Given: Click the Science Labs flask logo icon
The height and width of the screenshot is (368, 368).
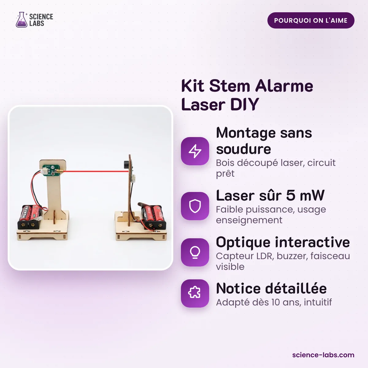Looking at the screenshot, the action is pos(21,20).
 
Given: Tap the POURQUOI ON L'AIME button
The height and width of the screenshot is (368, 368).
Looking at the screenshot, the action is pos(311,21).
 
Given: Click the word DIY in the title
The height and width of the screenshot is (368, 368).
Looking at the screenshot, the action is pos(245,105).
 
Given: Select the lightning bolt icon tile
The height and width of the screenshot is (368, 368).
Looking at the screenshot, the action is pos(195,151).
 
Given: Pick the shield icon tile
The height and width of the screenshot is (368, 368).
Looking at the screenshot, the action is pos(195,206).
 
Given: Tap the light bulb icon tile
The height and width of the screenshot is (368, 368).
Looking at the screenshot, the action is pos(195,252).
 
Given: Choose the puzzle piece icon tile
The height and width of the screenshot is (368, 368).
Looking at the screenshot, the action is pos(195,293).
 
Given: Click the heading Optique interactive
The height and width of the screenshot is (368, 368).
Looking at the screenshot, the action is pos(283,243).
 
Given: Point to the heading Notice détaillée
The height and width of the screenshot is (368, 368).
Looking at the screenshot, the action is pos(271,288).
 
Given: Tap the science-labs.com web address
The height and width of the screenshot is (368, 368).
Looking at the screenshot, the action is pos(323,355).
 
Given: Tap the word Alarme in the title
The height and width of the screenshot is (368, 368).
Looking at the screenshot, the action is pos(284,86).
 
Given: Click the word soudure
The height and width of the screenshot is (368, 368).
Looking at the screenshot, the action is pos(243,149).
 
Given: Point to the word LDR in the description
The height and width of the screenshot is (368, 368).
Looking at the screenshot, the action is pos(265,256).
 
